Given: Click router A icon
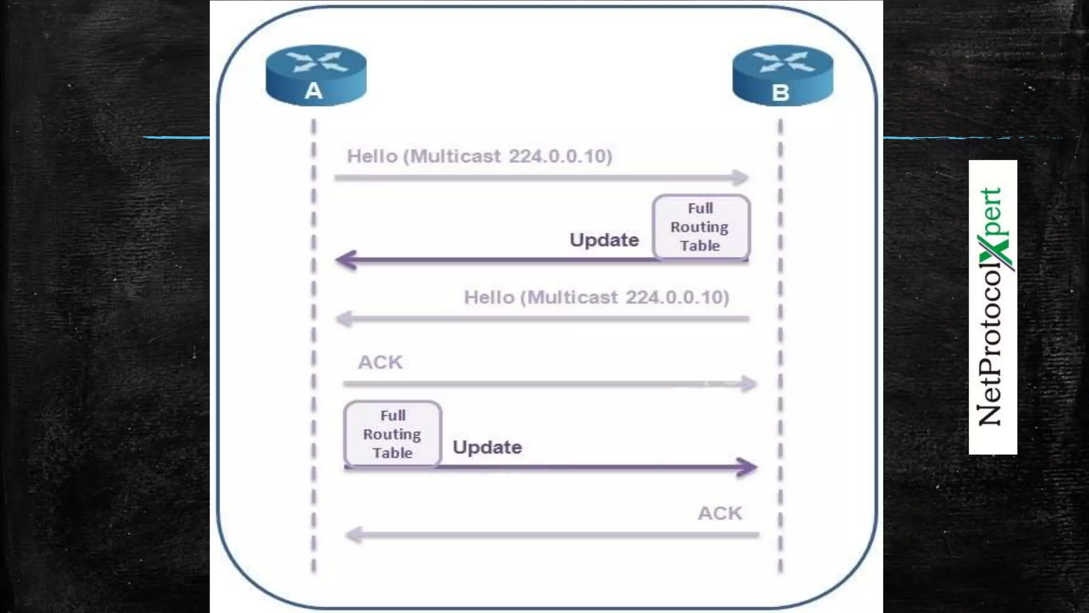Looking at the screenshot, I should click(x=316, y=75).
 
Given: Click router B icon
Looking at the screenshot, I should click(x=782, y=75).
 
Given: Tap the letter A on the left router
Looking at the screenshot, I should click(x=314, y=91).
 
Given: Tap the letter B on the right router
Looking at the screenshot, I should click(x=780, y=93).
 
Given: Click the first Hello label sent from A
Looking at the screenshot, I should click(x=479, y=156).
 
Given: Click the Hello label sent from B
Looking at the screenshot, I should click(x=596, y=297).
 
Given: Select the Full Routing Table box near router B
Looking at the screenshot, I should click(x=701, y=227).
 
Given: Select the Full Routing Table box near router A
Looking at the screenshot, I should click(x=392, y=434).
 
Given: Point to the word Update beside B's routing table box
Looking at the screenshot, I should click(x=604, y=240).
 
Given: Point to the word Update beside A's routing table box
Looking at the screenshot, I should click(x=487, y=448).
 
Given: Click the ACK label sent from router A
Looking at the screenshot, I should click(x=380, y=362).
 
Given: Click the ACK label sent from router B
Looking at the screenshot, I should click(x=720, y=513).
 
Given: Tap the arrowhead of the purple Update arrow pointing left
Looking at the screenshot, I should click(x=346, y=260).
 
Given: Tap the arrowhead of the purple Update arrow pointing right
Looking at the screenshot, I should click(x=748, y=468).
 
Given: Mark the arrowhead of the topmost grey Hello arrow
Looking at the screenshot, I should click(x=741, y=178).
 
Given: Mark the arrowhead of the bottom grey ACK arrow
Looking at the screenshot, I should click(x=354, y=535).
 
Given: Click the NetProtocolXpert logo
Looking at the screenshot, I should click(x=992, y=307).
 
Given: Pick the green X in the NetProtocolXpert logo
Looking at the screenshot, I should click(x=995, y=252).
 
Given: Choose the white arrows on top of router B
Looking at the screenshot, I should click(x=783, y=61).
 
